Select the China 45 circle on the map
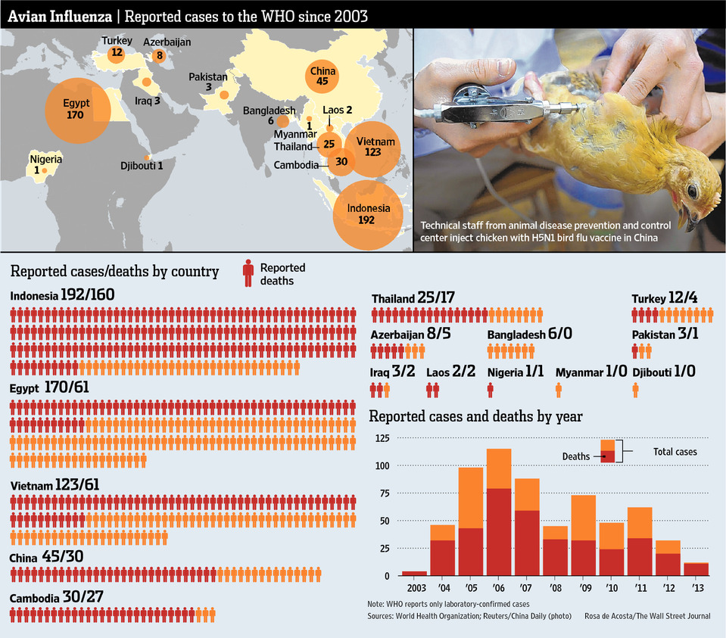click(x=322, y=76)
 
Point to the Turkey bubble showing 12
click(x=116, y=53)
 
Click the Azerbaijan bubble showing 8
click(x=158, y=55)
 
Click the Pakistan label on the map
click(x=208, y=77)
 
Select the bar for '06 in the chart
click(x=499, y=512)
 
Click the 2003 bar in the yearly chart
click(x=415, y=574)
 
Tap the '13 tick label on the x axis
click(x=696, y=588)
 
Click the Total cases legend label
click(x=675, y=452)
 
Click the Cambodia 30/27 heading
click(x=57, y=598)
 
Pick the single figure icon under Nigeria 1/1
click(x=491, y=390)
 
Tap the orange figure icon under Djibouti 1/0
click(x=635, y=390)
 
